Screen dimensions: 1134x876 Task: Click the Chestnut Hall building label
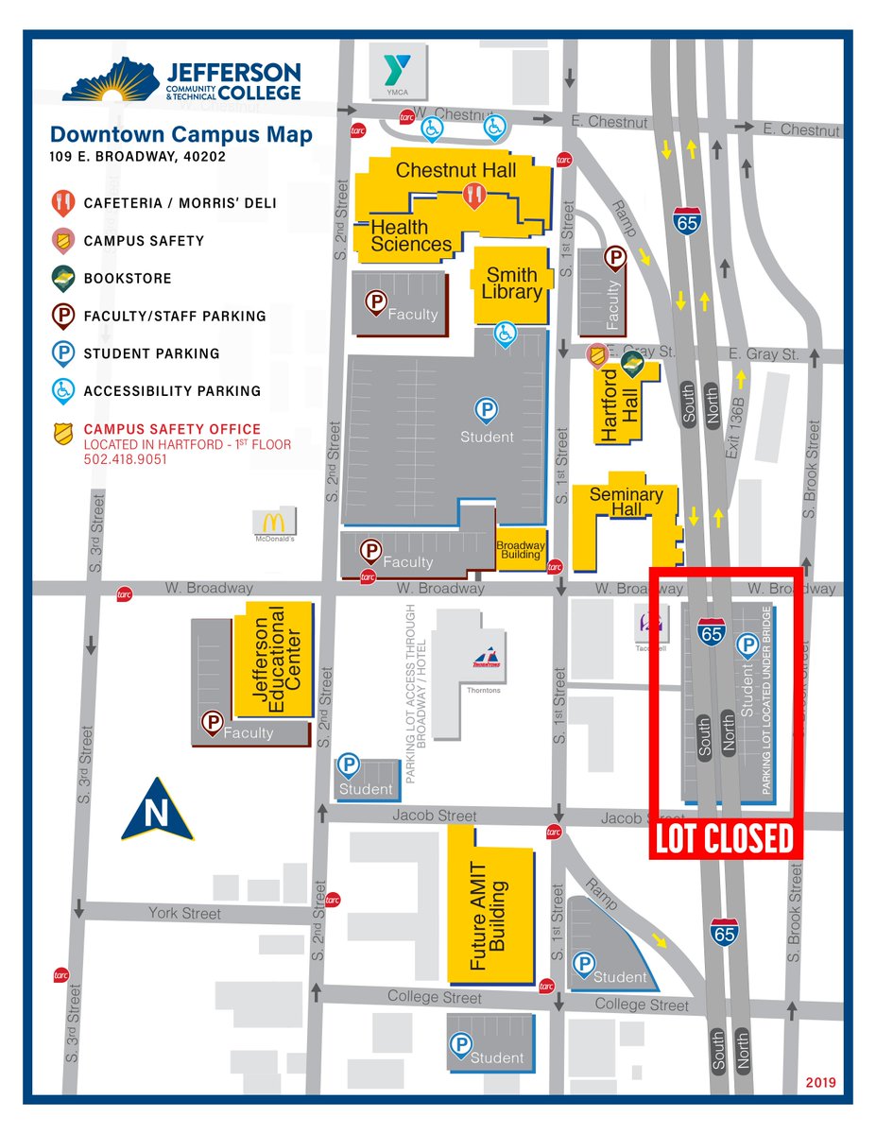(455, 170)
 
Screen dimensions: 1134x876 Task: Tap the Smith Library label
(511, 283)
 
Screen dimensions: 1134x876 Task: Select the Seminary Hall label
(626, 502)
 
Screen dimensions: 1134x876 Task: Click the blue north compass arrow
(157, 810)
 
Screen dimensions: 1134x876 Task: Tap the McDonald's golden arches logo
(274, 522)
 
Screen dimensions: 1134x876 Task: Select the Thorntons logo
(485, 660)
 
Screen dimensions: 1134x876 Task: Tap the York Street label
(184, 913)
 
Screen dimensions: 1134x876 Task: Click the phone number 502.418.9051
(125, 459)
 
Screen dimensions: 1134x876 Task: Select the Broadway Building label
(520, 550)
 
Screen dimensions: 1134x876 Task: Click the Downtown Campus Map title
(180, 135)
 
